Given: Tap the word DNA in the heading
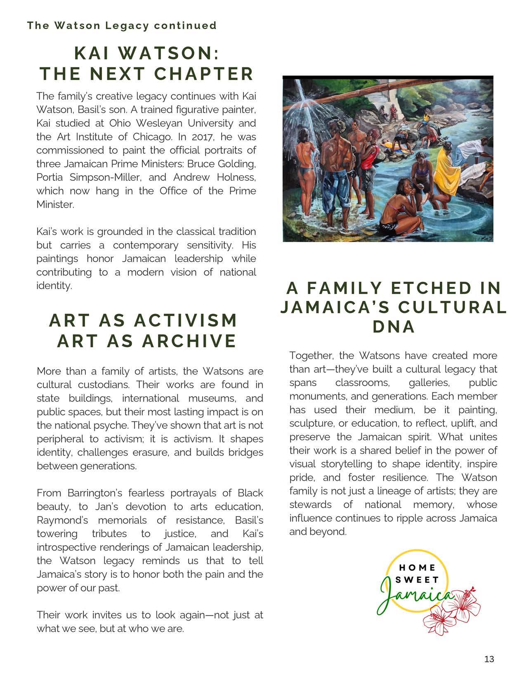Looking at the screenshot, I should (393, 326).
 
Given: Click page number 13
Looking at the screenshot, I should (489, 659).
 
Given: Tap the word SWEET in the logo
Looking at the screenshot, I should (417, 579).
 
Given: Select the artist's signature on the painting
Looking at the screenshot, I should (485, 238).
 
